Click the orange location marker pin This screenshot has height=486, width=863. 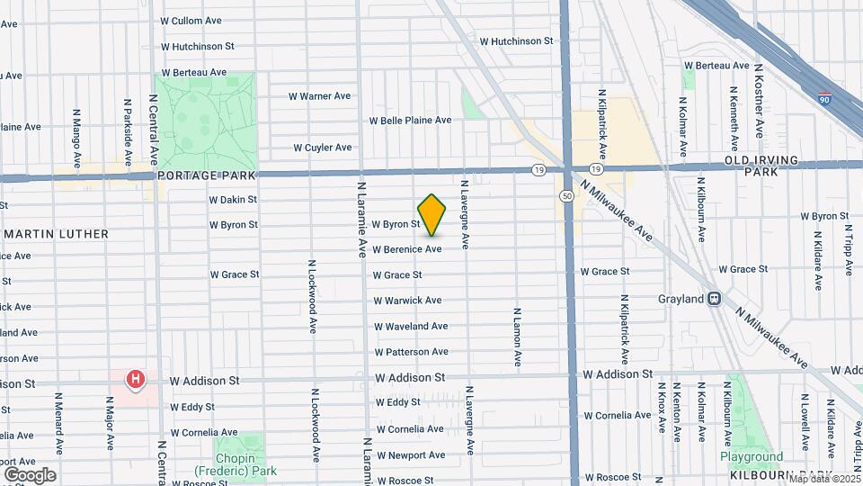tap(432, 214)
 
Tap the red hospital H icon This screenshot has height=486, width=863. tap(135, 380)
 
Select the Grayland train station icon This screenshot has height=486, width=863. tap(715, 299)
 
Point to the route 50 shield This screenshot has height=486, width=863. tap(566, 195)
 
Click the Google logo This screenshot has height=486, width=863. tap(30, 474)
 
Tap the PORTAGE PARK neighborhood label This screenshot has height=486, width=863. tap(207, 175)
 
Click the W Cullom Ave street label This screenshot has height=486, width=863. tap(191, 21)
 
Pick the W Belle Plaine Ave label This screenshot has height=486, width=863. tap(410, 121)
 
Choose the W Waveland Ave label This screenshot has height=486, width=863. tap(411, 326)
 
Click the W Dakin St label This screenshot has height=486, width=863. tap(233, 200)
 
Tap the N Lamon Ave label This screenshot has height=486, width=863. tap(518, 337)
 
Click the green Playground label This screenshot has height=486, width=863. tap(752, 456)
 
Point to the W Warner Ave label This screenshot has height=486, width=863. tap(319, 96)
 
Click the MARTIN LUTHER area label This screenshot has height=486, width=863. tap(57, 234)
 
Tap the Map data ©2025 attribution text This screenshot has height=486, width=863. tap(823, 479)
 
